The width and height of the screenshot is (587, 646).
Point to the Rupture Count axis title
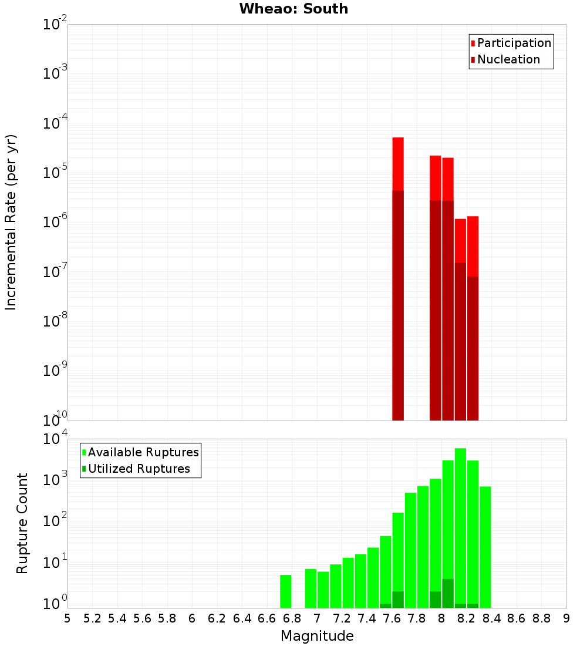(22, 523)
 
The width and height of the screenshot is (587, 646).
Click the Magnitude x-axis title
(317, 636)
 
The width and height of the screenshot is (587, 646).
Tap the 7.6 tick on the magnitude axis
(392, 618)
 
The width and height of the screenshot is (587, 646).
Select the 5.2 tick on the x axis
(92, 618)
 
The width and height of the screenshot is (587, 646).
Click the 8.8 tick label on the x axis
(541, 618)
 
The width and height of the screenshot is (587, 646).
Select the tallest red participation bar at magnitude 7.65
(398, 164)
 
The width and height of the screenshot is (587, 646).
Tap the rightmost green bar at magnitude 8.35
(485, 546)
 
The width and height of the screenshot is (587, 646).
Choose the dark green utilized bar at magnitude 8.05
(448, 593)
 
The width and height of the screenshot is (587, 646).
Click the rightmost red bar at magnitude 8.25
(473, 247)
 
